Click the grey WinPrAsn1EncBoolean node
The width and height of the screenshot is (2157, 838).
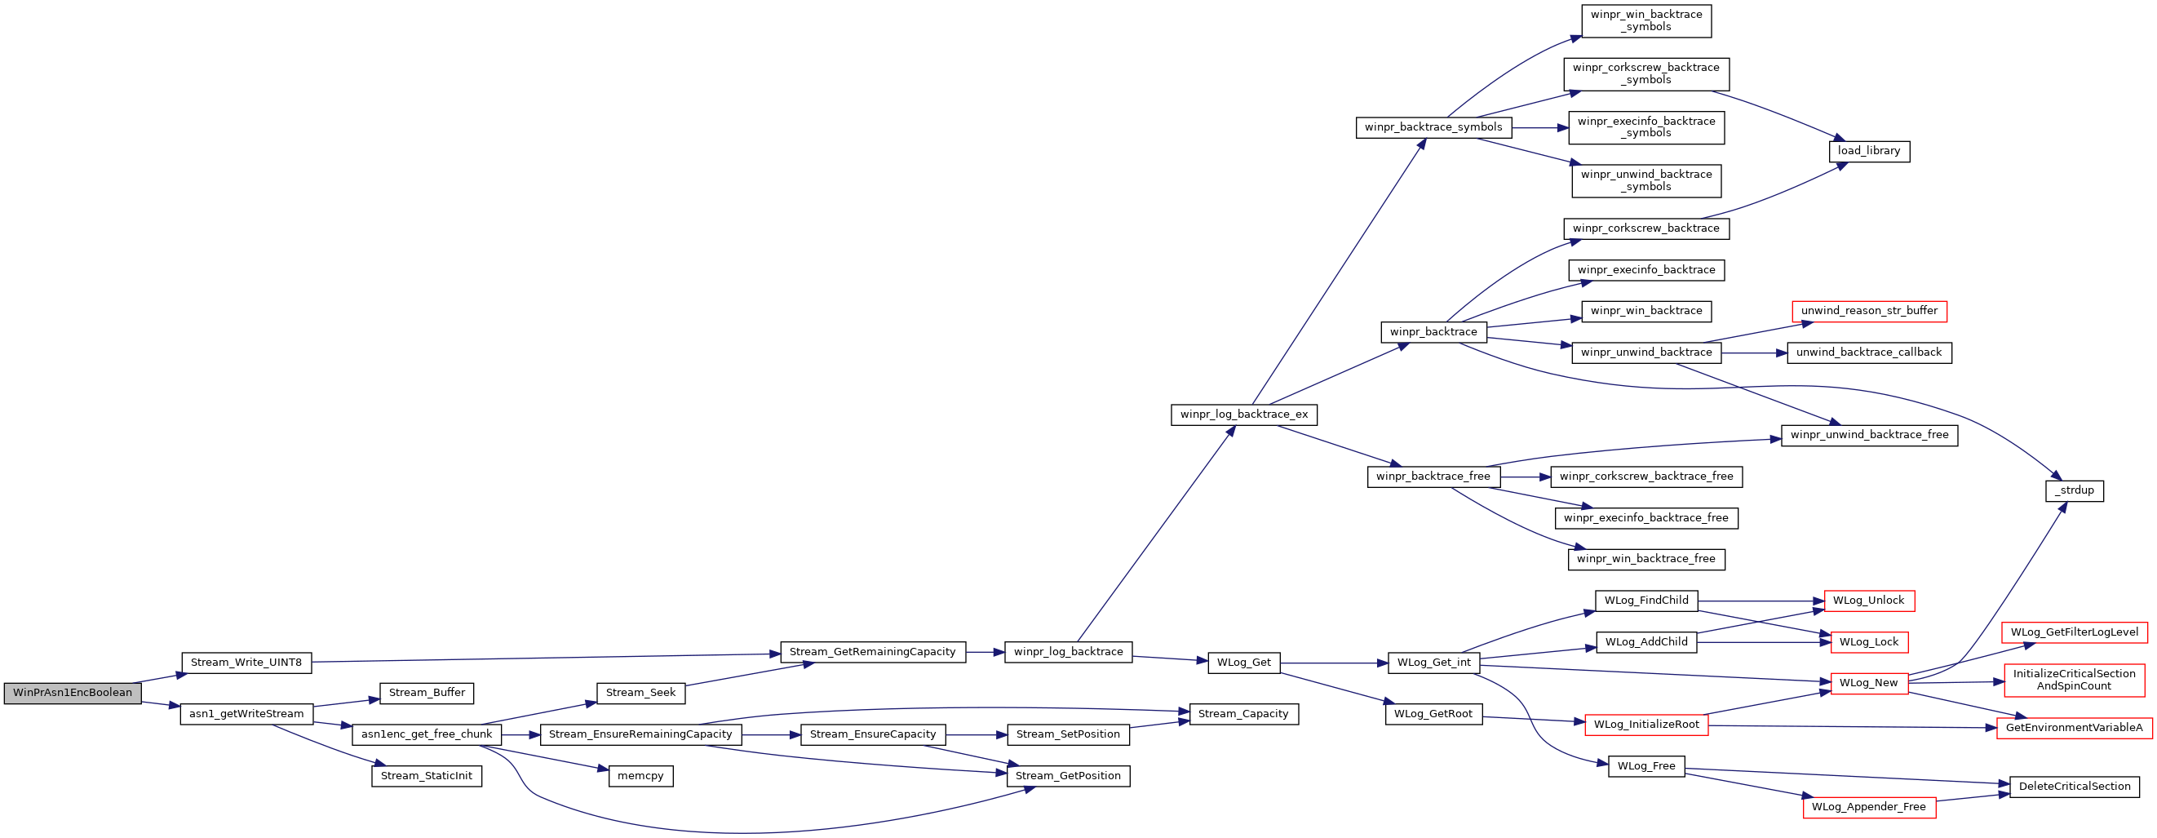pos(73,694)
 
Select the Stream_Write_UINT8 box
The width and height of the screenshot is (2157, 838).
pos(246,663)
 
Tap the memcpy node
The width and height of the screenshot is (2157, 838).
pos(640,776)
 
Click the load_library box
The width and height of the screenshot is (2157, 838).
pos(1869,152)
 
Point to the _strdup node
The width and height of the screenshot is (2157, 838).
pos(2074,490)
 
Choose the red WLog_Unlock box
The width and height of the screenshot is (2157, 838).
pos(1869,601)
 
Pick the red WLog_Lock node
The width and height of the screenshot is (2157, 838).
pos(1869,642)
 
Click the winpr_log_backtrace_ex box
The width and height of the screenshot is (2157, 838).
pos(1244,415)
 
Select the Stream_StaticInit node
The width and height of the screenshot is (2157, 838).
pos(427,776)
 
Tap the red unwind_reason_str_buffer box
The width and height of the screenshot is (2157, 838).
pos(1869,312)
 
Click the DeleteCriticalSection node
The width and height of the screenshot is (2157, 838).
pos(2075,787)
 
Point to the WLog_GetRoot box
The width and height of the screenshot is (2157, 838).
pos(1433,714)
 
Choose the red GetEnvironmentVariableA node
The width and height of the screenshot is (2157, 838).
pos(2075,729)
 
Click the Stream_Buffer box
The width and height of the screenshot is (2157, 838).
pos(427,694)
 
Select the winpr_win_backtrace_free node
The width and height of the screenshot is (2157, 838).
pos(1646,559)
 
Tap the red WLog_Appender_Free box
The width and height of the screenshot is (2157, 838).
pos(1869,808)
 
